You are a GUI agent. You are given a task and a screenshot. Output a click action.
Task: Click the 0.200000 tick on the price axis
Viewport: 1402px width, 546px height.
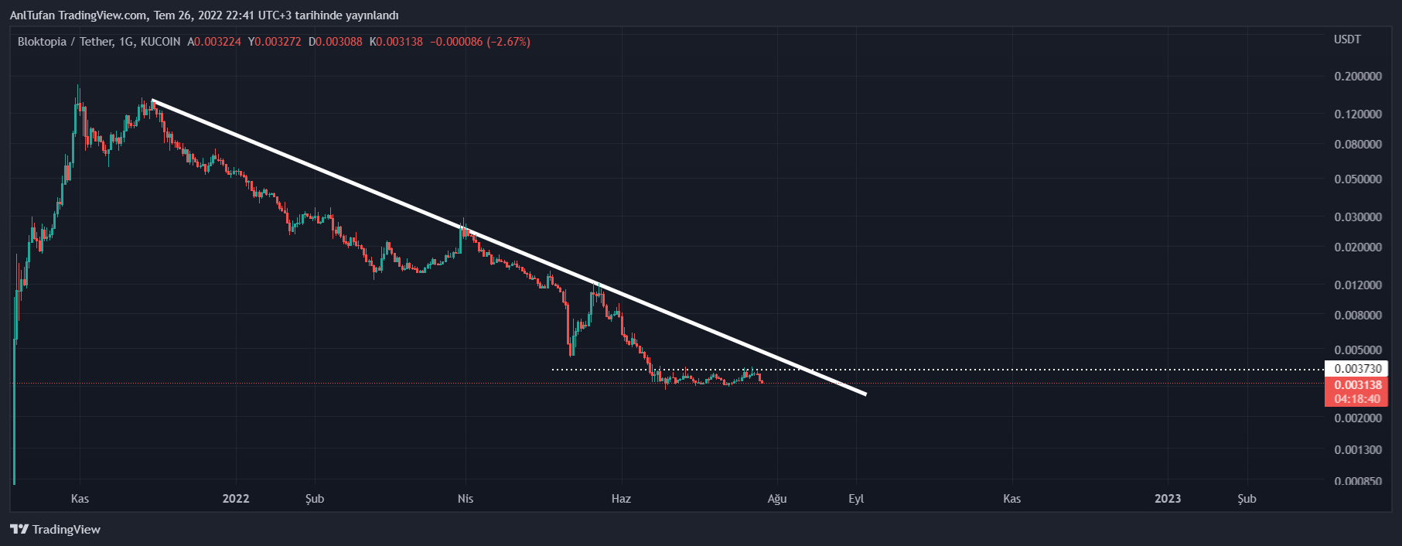(x=1358, y=77)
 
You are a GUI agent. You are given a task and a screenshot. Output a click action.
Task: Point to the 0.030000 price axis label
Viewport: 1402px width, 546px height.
(x=1358, y=217)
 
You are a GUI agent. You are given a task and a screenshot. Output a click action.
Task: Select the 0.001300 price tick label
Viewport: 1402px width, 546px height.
(x=1358, y=450)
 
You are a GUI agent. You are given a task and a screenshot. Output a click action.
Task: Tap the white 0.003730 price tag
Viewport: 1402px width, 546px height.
(x=1358, y=369)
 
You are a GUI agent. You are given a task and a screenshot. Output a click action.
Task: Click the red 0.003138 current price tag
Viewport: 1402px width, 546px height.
(x=1358, y=385)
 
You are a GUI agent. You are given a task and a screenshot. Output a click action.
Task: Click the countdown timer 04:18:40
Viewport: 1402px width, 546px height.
(x=1358, y=399)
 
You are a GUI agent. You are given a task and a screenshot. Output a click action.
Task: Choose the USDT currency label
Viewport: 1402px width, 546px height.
(x=1347, y=39)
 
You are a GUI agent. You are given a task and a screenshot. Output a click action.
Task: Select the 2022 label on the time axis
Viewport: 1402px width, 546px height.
(x=236, y=499)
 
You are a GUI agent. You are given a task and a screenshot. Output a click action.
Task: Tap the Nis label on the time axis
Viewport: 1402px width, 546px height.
(x=466, y=499)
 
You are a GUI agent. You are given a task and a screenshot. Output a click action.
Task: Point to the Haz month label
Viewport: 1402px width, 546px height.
(x=621, y=499)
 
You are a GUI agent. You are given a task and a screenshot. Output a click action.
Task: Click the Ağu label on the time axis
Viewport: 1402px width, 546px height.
(x=777, y=499)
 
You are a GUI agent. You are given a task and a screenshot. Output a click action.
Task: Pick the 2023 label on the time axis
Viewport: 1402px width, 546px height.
(x=1168, y=499)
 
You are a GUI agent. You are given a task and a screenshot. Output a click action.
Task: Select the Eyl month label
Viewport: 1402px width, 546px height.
(x=856, y=499)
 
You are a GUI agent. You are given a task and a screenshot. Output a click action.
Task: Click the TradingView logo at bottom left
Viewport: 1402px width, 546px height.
(x=55, y=530)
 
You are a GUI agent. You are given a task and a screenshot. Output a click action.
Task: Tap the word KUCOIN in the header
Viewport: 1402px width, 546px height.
(x=161, y=42)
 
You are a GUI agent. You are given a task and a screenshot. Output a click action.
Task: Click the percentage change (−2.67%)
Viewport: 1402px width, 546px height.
(x=508, y=42)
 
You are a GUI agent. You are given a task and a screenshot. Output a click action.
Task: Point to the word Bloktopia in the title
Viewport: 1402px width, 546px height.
(x=42, y=42)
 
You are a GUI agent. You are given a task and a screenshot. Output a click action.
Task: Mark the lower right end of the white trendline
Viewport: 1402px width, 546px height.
(x=865, y=394)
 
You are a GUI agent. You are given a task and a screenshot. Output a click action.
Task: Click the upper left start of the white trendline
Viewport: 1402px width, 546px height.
(x=153, y=101)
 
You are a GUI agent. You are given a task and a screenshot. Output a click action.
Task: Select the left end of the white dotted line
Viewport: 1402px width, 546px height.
(x=553, y=370)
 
